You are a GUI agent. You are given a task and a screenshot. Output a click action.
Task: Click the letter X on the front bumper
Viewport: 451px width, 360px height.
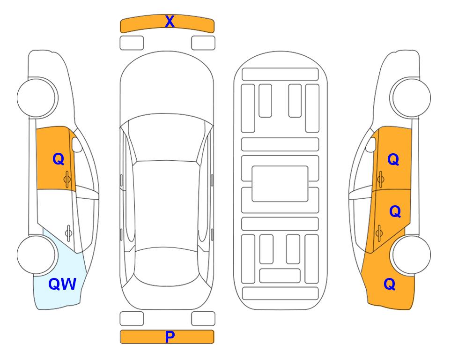(170, 22)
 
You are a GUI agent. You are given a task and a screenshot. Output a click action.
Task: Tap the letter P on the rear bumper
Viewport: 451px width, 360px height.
(170, 337)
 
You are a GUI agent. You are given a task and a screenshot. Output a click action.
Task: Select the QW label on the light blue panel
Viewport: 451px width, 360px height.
(62, 284)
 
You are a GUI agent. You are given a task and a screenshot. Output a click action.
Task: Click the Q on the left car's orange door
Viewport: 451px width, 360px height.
(59, 159)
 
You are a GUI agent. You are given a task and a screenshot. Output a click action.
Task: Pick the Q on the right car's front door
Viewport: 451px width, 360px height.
(393, 159)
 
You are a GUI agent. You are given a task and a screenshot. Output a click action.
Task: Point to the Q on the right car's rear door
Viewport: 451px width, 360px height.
(395, 211)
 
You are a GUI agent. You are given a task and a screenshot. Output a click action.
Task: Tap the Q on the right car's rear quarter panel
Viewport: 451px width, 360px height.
(390, 284)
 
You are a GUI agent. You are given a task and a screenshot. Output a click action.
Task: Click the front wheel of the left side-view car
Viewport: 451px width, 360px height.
(37, 97)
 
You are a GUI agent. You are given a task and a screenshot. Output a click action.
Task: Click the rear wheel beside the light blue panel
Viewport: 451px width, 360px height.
(37, 255)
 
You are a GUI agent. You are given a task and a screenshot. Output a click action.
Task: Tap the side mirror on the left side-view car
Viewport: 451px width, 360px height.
(76, 144)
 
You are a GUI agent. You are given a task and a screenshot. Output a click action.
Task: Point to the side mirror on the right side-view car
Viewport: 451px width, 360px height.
(371, 144)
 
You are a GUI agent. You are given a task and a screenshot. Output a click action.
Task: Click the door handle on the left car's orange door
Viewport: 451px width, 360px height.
(67, 179)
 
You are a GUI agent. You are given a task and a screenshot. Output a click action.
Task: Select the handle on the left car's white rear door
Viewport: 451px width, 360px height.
(68, 232)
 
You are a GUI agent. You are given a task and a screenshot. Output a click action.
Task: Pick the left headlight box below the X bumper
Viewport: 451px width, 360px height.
(132, 43)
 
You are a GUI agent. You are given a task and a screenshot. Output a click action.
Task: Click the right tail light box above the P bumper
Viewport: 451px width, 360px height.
(203, 319)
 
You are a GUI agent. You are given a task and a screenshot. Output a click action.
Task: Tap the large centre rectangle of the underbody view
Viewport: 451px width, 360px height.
(280, 184)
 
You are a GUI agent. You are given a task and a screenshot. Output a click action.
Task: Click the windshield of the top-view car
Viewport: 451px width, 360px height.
(166, 138)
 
